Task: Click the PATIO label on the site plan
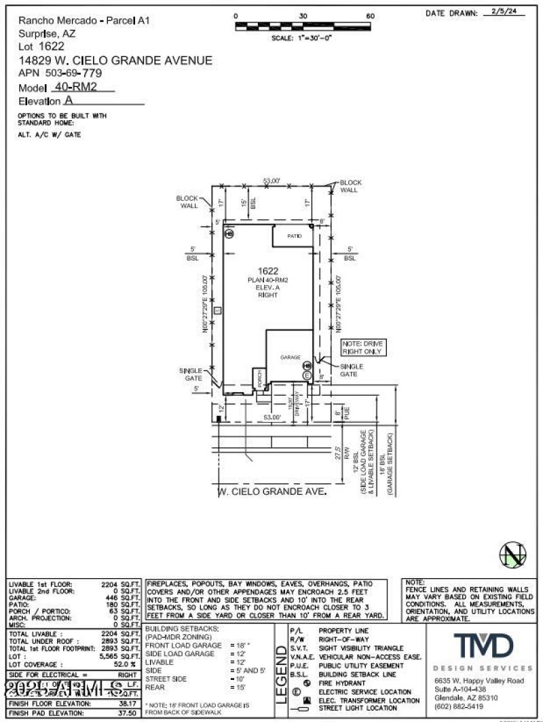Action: tap(293, 235)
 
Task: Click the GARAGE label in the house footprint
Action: tap(290, 356)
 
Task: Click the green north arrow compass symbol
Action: tap(513, 555)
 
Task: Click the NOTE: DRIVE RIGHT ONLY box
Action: tap(362, 348)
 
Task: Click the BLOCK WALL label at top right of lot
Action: tap(350, 186)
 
